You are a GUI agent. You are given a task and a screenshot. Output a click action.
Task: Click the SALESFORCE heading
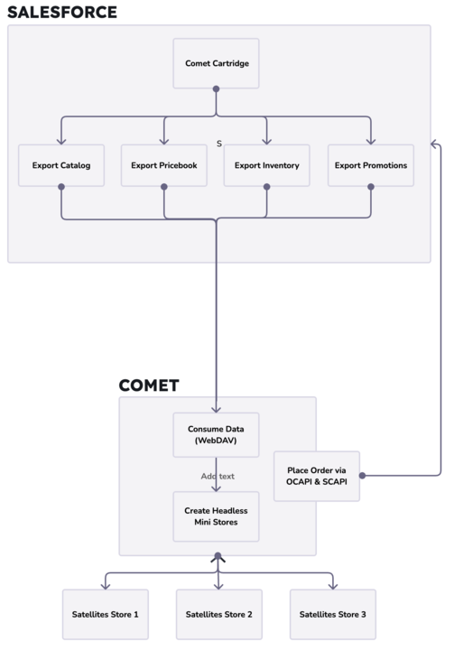pyautogui.click(x=62, y=13)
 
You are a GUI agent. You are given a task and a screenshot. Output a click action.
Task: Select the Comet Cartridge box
pyautogui.click(x=217, y=63)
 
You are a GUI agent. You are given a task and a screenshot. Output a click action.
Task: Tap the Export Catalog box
pyautogui.click(x=61, y=165)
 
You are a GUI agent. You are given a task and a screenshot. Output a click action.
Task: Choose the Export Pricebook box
pyautogui.click(x=163, y=165)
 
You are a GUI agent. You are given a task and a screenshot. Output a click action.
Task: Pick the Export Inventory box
pyautogui.click(x=266, y=165)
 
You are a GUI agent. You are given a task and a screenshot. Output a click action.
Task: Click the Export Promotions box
pyautogui.click(x=370, y=165)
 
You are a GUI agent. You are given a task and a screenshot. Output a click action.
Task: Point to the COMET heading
pyautogui.click(x=149, y=385)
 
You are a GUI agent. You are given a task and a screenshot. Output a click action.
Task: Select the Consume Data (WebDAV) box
pyautogui.click(x=217, y=434)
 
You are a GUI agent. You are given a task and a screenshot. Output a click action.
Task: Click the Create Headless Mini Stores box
pyautogui.click(x=217, y=516)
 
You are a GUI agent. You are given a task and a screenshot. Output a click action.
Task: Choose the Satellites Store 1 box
pyautogui.click(x=105, y=614)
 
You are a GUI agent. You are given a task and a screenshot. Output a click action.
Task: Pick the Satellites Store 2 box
pyautogui.click(x=218, y=614)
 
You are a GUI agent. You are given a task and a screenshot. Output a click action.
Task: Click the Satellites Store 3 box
pyautogui.click(x=333, y=614)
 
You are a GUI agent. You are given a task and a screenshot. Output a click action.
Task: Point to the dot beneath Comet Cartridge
pyautogui.click(x=217, y=88)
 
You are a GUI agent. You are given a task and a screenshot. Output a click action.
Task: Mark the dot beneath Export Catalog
pyautogui.click(x=61, y=187)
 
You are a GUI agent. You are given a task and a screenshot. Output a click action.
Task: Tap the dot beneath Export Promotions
pyautogui.click(x=370, y=187)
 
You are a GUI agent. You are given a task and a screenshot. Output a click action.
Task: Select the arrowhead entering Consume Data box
pyautogui.click(x=217, y=408)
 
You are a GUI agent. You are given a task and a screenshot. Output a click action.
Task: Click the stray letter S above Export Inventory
pyautogui.click(x=219, y=143)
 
